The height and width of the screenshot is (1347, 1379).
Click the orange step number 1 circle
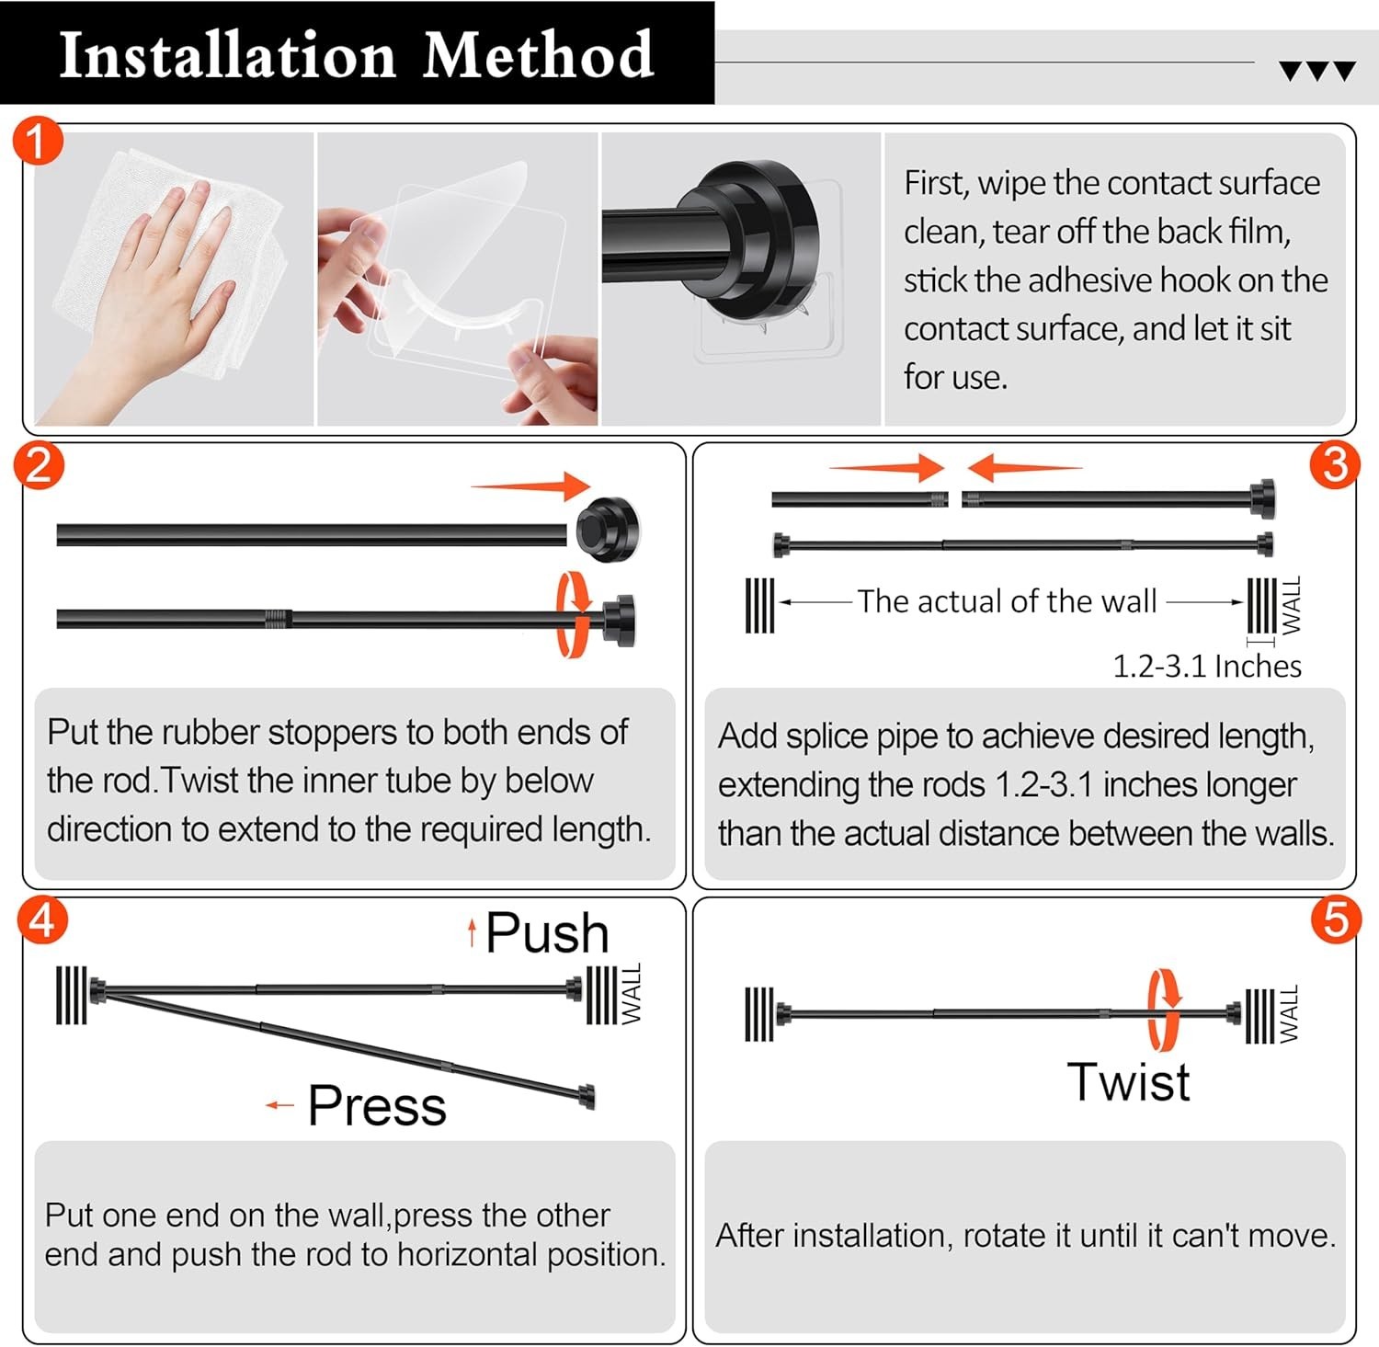point(38,143)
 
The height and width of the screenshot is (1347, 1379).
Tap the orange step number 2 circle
point(40,466)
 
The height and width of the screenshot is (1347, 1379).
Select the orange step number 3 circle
point(1335,465)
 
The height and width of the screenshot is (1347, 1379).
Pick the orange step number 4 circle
point(42,920)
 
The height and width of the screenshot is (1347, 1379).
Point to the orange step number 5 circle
point(1335,920)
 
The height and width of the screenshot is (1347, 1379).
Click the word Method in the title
point(538,55)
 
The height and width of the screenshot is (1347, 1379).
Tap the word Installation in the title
point(227,55)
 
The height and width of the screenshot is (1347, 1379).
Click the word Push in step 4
point(547,933)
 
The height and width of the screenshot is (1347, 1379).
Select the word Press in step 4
point(377,1105)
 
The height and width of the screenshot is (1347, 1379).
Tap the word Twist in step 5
point(1128,1081)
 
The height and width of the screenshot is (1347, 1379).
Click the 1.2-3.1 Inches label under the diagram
point(1206,666)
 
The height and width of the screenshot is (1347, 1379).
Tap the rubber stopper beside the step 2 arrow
point(607,529)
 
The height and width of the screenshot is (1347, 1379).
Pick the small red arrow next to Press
point(279,1105)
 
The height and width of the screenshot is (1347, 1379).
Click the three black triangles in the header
point(1317,71)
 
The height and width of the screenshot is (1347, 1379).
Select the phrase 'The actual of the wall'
point(1007,601)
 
